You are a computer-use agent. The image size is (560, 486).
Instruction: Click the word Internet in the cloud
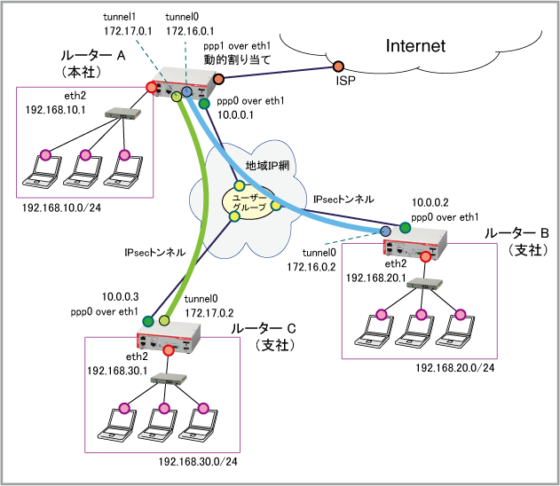coord(415,46)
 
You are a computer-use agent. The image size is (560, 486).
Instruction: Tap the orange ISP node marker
coord(338,67)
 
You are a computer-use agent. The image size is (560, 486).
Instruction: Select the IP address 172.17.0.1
coord(128,31)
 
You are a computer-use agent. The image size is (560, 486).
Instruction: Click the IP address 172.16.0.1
coord(190,31)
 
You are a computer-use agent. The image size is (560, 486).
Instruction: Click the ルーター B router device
coord(414,244)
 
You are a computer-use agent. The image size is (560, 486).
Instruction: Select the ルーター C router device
coord(169,336)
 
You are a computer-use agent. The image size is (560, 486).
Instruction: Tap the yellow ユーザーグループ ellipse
coord(249,201)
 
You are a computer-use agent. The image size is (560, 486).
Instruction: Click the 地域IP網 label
coord(267,165)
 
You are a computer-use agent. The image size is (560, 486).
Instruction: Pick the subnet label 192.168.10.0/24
coord(62,208)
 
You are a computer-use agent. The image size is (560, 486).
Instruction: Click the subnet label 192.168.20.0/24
coord(455,368)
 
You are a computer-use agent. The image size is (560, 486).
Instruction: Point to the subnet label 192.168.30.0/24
coord(198,462)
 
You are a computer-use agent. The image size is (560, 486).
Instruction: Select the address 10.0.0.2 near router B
coord(430,203)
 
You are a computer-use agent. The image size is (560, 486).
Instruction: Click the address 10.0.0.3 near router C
coord(121,297)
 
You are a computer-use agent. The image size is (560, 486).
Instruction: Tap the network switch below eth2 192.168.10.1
coord(122,114)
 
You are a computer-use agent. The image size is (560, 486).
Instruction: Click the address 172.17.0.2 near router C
coord(209,313)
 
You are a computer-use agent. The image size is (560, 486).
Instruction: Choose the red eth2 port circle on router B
coord(425,256)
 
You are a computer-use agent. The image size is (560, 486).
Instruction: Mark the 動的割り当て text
coord(237,59)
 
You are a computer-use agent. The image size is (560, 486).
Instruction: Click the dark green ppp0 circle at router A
coord(204,104)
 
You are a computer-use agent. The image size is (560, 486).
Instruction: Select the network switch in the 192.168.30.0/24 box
coord(169,379)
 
